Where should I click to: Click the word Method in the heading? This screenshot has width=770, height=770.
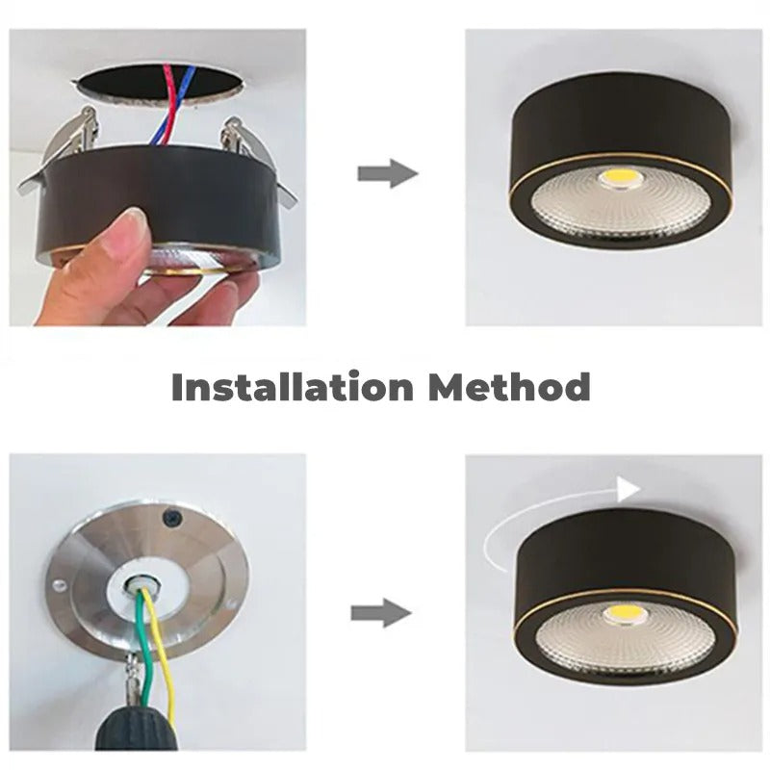coord(509,387)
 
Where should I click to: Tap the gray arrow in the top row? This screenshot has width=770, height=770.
coord(387,174)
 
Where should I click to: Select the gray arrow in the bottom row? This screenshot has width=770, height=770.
coord(381,613)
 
